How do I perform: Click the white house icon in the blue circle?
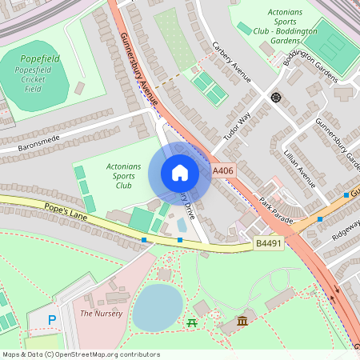click(179, 173)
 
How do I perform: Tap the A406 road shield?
click(224, 171)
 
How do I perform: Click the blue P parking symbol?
click(52, 319)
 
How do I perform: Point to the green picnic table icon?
click(192, 322)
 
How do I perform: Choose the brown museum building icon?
click(242, 321)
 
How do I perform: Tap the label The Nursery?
click(101, 313)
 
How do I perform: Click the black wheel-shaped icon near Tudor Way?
click(276, 98)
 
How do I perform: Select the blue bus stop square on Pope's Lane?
click(144, 239)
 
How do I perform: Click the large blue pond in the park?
click(158, 307)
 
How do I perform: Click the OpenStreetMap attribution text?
click(81, 354)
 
